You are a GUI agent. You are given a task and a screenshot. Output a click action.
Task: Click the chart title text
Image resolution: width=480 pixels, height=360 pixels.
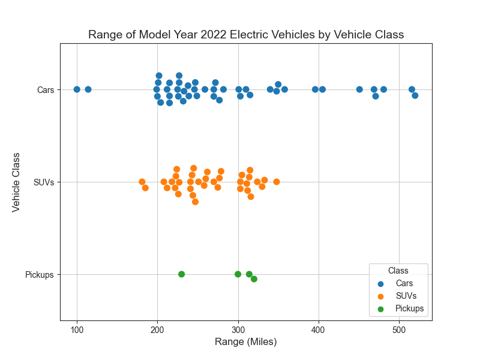246,35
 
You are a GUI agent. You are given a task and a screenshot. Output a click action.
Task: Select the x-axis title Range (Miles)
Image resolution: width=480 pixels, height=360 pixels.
246,341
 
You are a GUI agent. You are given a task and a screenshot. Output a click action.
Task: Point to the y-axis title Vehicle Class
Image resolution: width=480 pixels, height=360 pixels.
16,182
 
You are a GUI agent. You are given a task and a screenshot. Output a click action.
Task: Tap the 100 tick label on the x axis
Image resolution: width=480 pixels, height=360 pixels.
77,329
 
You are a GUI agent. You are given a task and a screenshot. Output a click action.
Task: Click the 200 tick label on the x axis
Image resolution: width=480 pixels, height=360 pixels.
157,329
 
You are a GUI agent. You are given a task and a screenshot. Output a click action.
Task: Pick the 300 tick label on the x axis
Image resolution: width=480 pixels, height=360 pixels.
238,329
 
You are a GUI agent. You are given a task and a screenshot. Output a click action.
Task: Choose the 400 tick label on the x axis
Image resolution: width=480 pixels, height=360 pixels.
319,329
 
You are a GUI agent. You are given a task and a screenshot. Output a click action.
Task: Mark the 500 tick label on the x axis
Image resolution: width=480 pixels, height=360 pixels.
399,329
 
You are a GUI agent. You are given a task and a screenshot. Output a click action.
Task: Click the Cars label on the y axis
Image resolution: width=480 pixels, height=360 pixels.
46,90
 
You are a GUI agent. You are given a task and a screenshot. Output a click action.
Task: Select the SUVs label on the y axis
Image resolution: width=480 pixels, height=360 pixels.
44,182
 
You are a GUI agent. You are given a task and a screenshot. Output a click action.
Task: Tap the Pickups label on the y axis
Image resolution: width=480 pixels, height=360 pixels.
40,275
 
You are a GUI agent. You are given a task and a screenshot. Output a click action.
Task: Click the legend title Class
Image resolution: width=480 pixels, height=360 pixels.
398,271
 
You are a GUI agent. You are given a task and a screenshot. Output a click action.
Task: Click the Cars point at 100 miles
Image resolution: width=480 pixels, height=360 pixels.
77,89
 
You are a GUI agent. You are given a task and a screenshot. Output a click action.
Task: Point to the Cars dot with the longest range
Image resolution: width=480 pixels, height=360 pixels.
415,95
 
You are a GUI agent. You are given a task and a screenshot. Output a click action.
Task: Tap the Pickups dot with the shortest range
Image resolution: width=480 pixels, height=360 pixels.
181,274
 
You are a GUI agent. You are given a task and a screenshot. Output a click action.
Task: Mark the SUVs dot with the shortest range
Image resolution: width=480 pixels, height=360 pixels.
142,182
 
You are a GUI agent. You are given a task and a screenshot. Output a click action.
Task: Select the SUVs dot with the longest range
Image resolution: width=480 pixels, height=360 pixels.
277,182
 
